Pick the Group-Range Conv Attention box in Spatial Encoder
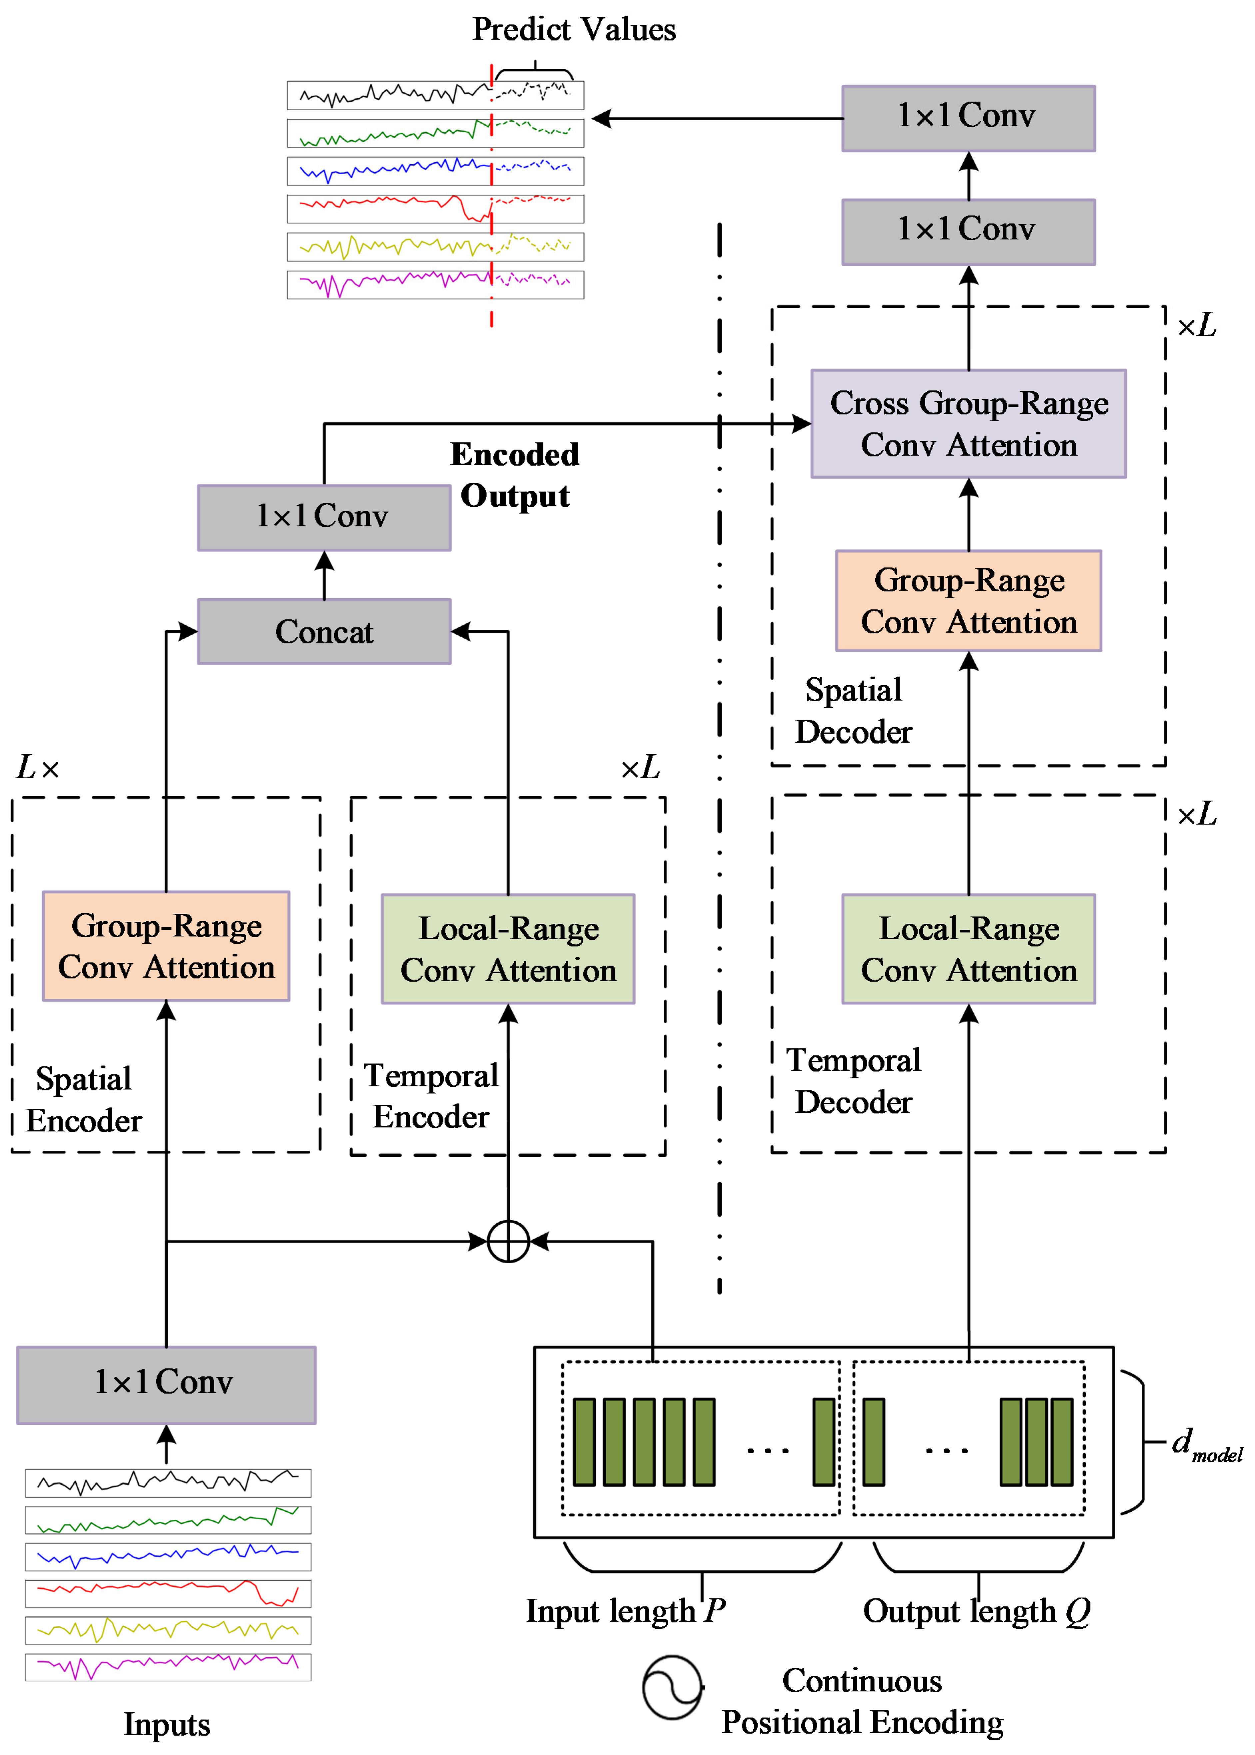point(166,946)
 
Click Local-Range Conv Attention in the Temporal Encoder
point(508,949)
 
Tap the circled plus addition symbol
point(508,1241)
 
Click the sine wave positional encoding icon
point(672,1687)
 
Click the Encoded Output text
point(515,474)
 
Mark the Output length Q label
point(976,1611)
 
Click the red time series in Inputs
point(168,1593)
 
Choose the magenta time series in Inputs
point(168,1667)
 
